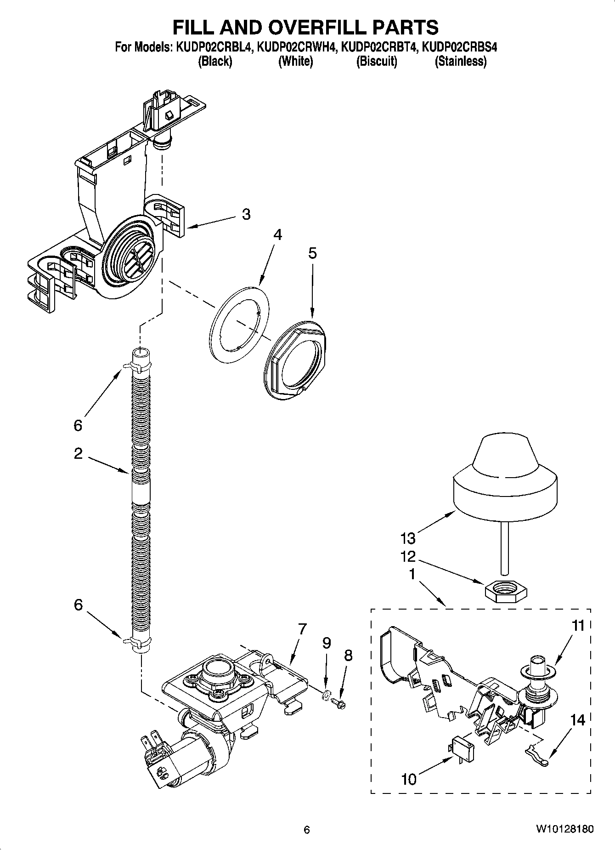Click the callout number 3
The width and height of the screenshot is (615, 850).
click(x=246, y=214)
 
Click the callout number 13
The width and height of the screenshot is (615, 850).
click(x=408, y=538)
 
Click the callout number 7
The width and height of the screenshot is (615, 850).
click(x=302, y=629)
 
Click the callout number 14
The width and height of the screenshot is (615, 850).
click(x=578, y=719)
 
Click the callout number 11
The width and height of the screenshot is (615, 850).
click(x=578, y=626)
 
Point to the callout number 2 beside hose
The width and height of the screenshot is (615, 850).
click(x=78, y=454)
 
